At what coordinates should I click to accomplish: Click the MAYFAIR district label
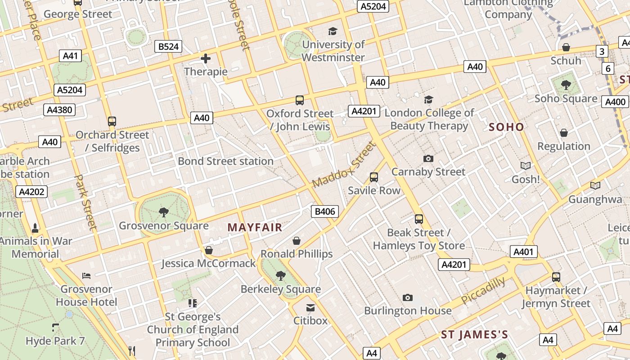(x=255, y=227)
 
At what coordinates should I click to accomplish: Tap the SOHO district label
(x=506, y=127)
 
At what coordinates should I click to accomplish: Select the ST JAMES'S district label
(x=474, y=334)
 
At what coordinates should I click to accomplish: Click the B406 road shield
(x=325, y=211)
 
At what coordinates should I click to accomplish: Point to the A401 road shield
(x=523, y=252)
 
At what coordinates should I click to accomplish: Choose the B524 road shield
(x=168, y=46)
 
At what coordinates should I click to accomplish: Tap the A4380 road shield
(x=60, y=110)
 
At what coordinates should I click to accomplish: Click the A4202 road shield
(x=31, y=192)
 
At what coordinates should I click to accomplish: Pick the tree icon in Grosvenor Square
(x=164, y=212)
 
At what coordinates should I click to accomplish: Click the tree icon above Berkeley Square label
(x=281, y=275)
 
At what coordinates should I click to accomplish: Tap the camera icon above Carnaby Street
(x=428, y=158)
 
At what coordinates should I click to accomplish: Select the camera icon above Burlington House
(x=408, y=297)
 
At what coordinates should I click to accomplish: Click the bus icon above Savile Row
(x=374, y=177)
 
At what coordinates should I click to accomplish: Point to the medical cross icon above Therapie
(x=206, y=58)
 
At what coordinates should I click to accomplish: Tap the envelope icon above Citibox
(x=310, y=308)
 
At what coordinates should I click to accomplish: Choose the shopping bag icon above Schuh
(x=566, y=47)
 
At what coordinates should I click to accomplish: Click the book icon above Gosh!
(x=525, y=166)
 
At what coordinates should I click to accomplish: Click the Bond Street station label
(x=225, y=161)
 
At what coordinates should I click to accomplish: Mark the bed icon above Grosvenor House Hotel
(x=87, y=275)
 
